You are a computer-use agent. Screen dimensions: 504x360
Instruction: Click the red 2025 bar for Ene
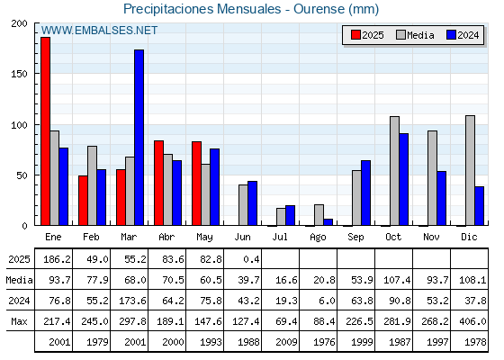coord(45,131)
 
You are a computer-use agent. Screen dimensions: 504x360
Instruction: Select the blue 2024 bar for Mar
coord(139,138)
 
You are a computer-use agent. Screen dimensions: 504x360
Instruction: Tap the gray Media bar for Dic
coord(470,170)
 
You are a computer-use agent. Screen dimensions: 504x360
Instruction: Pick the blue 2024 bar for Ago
coord(328,222)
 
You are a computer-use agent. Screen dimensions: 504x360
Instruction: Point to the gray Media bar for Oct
coord(394,171)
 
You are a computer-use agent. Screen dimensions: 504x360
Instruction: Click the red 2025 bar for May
coord(197,184)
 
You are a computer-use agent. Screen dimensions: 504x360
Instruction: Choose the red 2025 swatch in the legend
coord(355,35)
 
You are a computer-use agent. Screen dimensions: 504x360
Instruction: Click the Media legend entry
coord(415,35)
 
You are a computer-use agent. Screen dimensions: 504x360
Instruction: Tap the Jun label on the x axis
coord(242,237)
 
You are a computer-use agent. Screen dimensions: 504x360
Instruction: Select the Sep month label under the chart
coord(355,238)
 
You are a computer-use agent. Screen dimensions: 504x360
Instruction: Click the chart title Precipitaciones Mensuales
coord(202,9)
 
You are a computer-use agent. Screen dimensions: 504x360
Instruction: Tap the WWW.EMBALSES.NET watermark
coord(99,31)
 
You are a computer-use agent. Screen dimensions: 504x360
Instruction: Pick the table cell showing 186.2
coord(57,259)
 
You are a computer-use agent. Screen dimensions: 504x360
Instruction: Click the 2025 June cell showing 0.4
coord(251,259)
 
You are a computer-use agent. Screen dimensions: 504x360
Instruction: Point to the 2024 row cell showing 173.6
coord(132,301)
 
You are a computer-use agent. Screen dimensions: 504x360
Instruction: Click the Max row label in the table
coord(19,321)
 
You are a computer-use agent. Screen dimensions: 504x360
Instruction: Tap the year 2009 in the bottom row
coord(286,342)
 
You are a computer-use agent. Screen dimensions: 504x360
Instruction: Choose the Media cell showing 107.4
coord(397,280)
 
